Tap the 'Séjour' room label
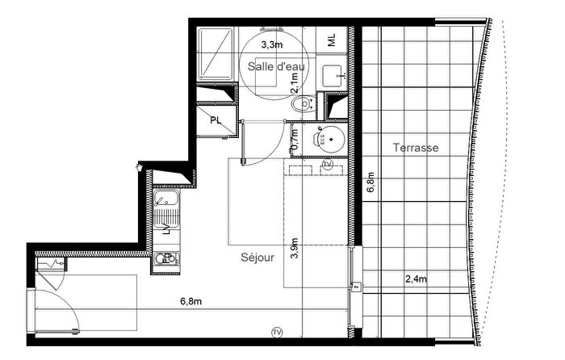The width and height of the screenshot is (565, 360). pos(257,258)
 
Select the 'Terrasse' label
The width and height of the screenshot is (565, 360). pos(416,148)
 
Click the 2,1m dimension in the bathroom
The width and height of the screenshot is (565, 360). pos(295,82)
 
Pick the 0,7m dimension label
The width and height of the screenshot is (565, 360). pos(295,139)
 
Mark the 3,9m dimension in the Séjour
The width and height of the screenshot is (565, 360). pos(295,251)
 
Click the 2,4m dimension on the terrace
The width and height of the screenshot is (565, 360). pos(416,279)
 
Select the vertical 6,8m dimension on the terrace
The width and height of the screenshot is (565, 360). pos(370,186)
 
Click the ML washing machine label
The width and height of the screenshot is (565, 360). pos(333,39)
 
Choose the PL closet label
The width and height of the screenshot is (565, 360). pos(216,120)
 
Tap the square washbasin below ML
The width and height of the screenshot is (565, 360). pos(332,76)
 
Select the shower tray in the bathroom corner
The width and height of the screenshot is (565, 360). pos(215,55)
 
